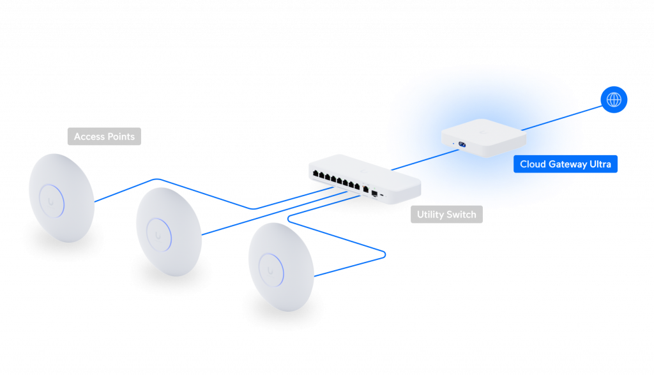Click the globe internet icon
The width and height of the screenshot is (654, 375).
click(x=614, y=100)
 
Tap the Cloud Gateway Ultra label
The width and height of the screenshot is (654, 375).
click(x=565, y=164)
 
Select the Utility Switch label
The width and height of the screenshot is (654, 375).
click(x=446, y=215)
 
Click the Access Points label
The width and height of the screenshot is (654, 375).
click(x=104, y=137)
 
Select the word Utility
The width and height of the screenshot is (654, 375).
click(x=431, y=215)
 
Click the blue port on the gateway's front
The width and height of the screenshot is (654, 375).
click(x=462, y=143)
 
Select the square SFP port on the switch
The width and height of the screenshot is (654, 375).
click(x=374, y=190)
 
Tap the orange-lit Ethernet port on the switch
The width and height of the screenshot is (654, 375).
click(x=365, y=189)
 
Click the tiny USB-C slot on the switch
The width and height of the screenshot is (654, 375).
click(x=382, y=192)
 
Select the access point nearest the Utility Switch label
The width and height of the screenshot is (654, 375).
click(x=280, y=267)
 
